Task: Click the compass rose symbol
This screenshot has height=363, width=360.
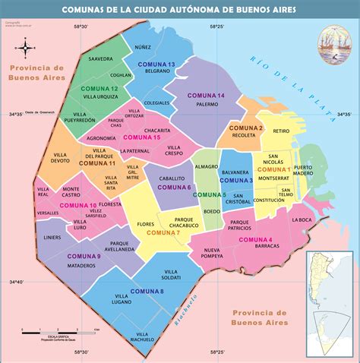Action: click(x=26, y=49)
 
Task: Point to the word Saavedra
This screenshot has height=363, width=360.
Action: click(x=100, y=58)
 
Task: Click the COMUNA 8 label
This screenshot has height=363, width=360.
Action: click(x=147, y=292)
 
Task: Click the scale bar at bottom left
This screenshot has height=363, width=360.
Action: click(x=61, y=331)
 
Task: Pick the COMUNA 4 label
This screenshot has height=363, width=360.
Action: click(x=255, y=240)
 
